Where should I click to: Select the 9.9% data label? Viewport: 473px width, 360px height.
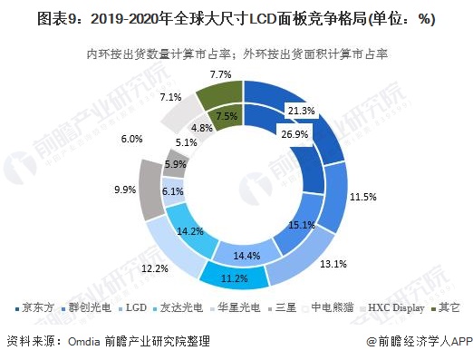point(125,190)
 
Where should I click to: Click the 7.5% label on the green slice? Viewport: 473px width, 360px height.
point(227,116)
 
